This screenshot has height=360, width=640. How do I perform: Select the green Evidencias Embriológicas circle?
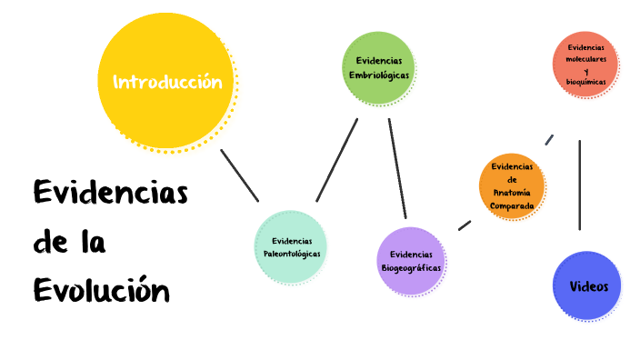379,67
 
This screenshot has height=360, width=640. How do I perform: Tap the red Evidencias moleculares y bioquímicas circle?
585,64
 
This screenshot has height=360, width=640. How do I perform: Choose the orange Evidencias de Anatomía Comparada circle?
513,185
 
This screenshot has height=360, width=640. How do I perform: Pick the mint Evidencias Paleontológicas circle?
291,246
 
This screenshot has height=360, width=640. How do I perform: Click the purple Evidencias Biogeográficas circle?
411,261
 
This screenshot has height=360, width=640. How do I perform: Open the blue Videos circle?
587,286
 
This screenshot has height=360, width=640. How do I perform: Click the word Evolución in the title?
102,291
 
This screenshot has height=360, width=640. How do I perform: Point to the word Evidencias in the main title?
110,194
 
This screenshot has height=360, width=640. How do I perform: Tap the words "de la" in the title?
69,243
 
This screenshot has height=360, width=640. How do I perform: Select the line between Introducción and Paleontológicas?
240,175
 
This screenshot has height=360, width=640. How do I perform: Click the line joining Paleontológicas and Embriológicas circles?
336,160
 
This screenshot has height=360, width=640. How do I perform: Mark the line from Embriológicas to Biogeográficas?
396,168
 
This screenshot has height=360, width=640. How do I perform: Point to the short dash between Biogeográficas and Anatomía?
465,224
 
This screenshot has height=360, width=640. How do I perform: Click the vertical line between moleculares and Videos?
580,185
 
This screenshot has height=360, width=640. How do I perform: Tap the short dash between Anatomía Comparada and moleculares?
549,139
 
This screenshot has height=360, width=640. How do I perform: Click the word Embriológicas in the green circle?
379,75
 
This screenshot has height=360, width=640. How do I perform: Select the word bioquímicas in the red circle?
585,82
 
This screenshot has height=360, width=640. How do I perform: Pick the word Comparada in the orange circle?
513,205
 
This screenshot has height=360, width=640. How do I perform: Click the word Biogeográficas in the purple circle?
411,268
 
